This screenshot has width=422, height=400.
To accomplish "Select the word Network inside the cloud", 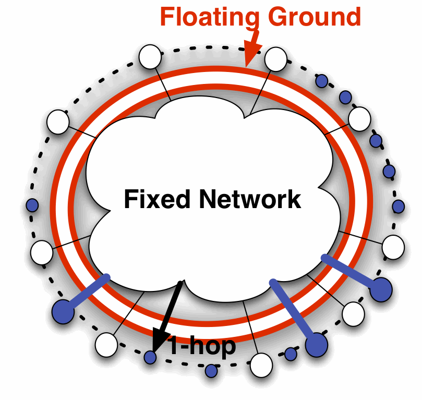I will [250, 199].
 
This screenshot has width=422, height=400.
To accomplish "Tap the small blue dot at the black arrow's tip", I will [150, 357].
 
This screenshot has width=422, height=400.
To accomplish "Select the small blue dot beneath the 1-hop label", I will [211, 371].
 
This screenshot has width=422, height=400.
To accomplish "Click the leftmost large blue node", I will [64, 312].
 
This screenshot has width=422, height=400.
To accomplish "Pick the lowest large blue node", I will [316, 345].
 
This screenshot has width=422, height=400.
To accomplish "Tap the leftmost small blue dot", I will [32, 205].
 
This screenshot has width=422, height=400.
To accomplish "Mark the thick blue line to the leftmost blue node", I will [87, 295].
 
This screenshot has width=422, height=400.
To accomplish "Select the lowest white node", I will [261, 365].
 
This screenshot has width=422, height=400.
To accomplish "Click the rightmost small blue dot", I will [399, 207].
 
